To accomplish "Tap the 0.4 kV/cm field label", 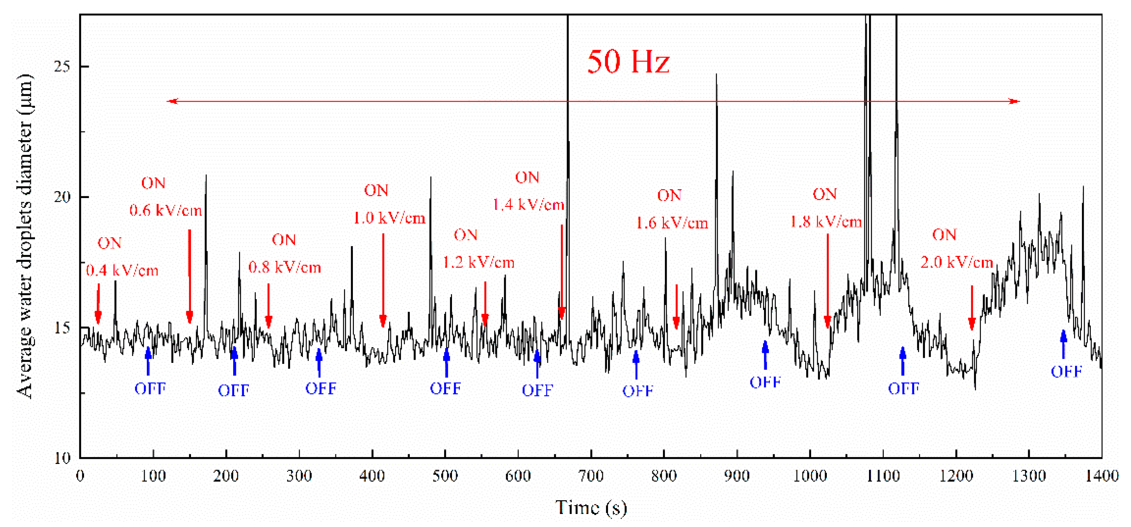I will [122, 271].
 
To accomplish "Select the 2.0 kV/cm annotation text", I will [957, 263].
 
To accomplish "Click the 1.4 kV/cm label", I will [528, 205].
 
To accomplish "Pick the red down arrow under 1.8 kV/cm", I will [828, 281].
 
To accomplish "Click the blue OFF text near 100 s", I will [150, 389].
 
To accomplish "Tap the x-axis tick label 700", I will [591, 476].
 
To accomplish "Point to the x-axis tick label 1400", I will [1101, 476].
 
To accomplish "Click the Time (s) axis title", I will [591, 508].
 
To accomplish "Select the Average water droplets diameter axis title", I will [25, 237].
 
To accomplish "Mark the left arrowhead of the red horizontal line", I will [172, 101].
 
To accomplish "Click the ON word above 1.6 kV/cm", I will [669, 196].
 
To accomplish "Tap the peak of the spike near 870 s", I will [716, 75].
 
